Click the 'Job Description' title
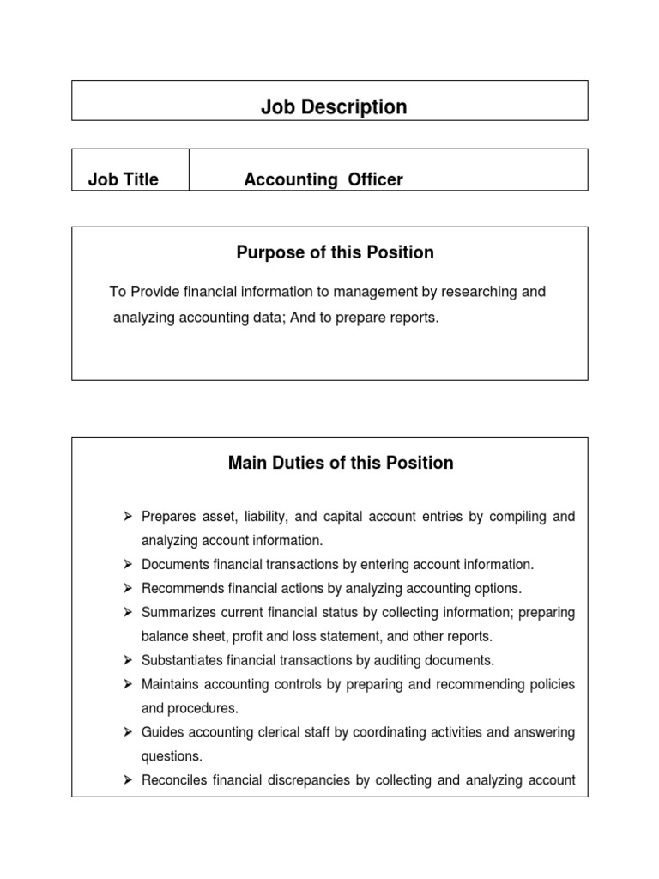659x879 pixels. (334, 107)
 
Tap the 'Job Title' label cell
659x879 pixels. (124, 179)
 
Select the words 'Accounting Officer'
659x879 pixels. (323, 179)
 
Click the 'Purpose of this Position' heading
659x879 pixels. (335, 252)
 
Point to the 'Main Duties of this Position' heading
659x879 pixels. (341, 463)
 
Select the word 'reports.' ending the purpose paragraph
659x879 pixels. (414, 318)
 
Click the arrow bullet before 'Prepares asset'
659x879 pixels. (127, 516)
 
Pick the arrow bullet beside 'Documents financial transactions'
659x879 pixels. (127, 564)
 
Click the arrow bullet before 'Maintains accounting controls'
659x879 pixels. (127, 684)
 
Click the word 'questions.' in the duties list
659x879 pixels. (172, 757)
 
